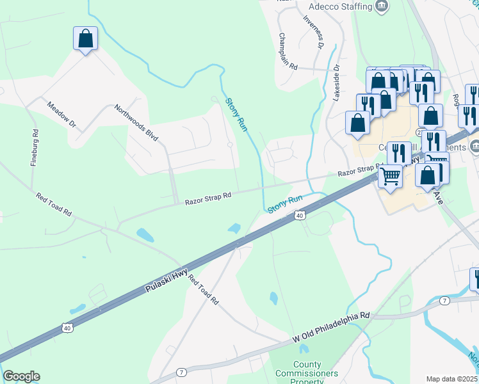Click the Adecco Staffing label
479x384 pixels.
tap(340, 6)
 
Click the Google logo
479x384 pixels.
tap(21, 376)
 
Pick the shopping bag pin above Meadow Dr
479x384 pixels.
tap(85, 39)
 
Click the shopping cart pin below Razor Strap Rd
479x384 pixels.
tap(390, 175)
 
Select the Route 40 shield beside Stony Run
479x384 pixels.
tap(299, 216)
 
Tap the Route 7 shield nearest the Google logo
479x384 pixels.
tap(182, 372)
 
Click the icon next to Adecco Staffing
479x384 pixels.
tap(382, 6)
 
